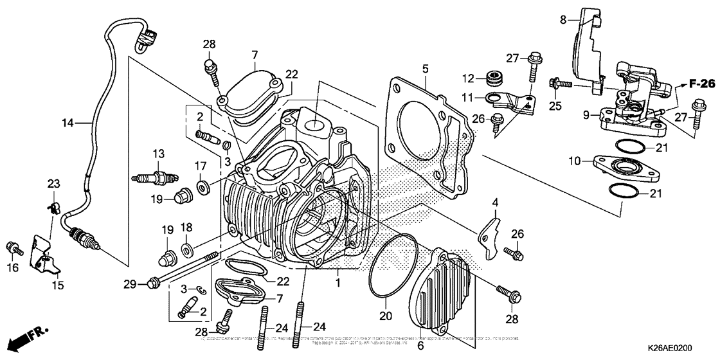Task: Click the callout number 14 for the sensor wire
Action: click(x=68, y=122)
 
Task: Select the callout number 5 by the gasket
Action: click(x=425, y=67)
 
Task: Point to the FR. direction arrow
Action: click(x=30, y=336)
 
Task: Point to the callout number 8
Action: click(x=563, y=20)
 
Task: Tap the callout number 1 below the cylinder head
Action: click(x=338, y=282)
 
